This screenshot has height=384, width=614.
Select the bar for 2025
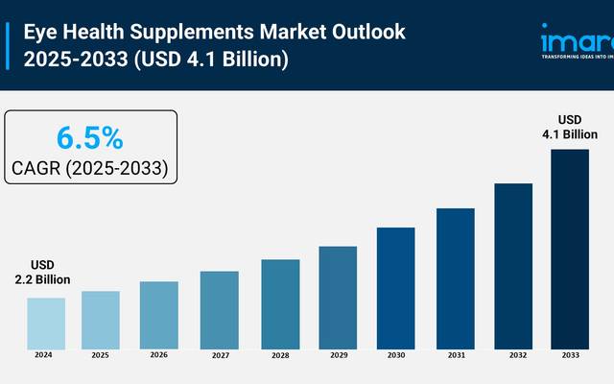[x=101, y=319]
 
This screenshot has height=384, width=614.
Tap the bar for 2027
[x=220, y=308]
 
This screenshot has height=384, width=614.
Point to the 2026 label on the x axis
[x=159, y=355]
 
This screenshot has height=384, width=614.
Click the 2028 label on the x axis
[x=279, y=355]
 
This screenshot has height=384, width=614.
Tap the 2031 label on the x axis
[x=455, y=355]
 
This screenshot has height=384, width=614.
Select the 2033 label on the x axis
[x=570, y=355]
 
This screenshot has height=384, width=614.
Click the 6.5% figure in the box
[x=89, y=138]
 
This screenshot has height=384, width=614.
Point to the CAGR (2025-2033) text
[x=90, y=169]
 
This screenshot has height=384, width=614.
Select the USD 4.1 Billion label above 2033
[x=571, y=127]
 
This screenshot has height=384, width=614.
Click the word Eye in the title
[x=40, y=31]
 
